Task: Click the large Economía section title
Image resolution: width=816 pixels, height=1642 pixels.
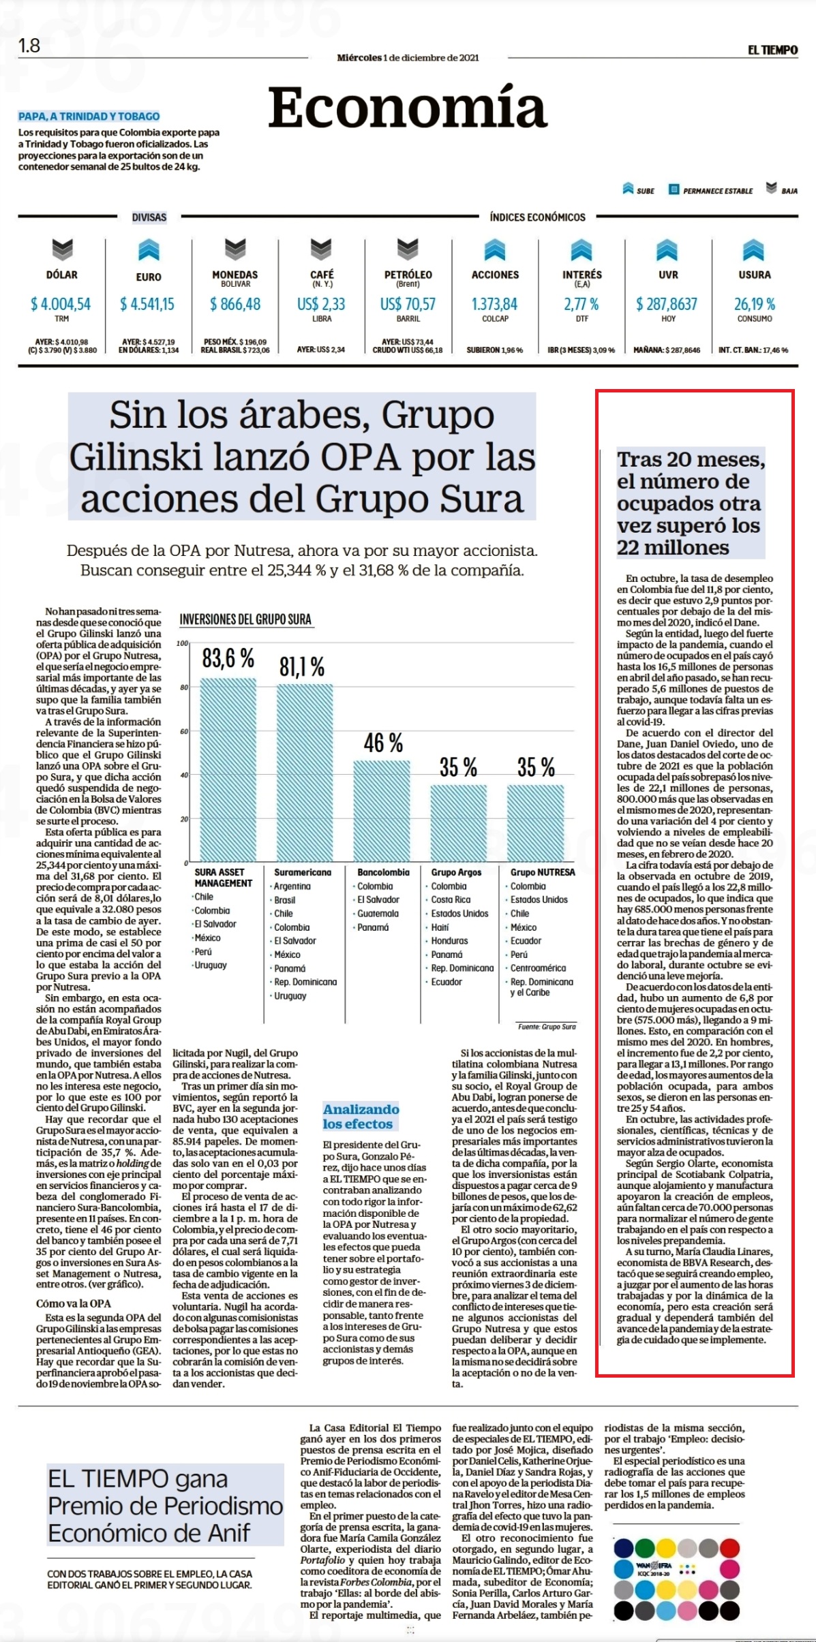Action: (x=408, y=107)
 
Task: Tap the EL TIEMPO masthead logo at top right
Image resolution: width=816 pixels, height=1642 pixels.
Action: (x=772, y=50)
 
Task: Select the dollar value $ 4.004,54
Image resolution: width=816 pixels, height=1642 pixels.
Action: (x=61, y=304)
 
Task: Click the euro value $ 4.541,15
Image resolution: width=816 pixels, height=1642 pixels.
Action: (x=147, y=304)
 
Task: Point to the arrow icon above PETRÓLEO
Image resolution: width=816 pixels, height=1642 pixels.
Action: (x=408, y=249)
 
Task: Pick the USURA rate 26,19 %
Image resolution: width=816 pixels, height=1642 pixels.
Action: (x=755, y=304)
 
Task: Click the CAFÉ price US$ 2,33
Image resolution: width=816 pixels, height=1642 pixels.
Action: (x=321, y=304)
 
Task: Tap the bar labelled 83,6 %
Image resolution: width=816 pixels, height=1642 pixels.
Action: (x=228, y=769)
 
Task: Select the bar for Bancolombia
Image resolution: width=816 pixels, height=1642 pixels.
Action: (x=382, y=811)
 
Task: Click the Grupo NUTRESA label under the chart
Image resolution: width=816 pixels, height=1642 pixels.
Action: (x=543, y=872)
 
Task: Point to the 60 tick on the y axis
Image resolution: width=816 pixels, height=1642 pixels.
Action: (x=184, y=731)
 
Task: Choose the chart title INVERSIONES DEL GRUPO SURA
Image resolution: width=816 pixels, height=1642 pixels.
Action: (x=245, y=619)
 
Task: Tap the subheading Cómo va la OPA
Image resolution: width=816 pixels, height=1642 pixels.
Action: (x=74, y=1303)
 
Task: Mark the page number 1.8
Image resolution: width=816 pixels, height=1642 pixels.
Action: (x=29, y=46)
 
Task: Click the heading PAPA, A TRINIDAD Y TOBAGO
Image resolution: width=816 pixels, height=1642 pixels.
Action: (x=89, y=117)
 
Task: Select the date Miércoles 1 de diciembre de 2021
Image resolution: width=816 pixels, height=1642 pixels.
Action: (x=408, y=58)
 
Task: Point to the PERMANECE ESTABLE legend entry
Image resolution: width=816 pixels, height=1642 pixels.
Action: (x=710, y=190)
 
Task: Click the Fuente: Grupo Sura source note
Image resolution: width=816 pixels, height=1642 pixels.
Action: (x=547, y=1026)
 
